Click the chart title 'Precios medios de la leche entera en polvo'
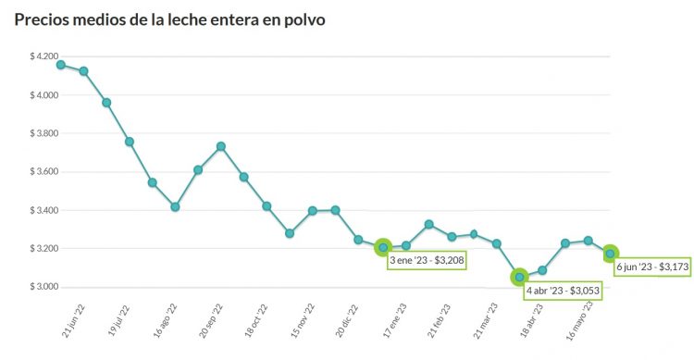point(169,19)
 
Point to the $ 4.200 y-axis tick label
point(43,56)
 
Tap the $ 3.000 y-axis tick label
point(43,287)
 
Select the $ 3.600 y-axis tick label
point(43,172)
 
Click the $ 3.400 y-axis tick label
point(43,210)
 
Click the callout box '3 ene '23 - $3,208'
point(427,261)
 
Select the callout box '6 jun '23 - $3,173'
point(652,267)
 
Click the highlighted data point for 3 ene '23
point(383,247)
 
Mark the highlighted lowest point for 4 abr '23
point(520,277)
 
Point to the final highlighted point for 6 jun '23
point(611,253)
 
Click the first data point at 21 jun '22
point(61,65)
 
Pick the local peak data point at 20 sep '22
point(221,146)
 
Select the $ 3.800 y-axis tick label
point(43,133)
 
